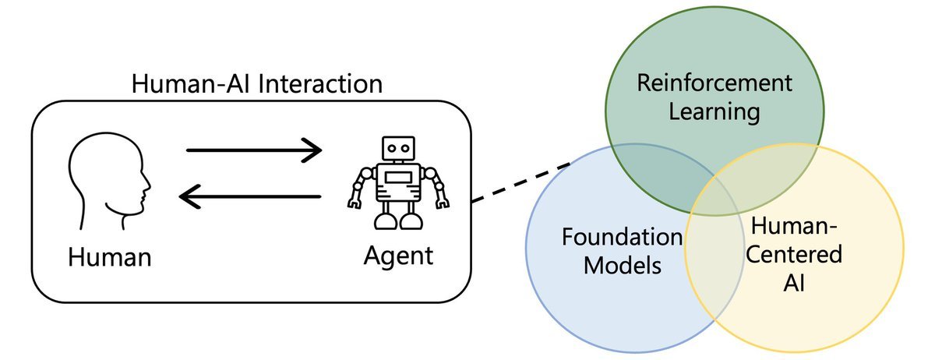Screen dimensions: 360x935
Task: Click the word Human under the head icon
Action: click(x=109, y=256)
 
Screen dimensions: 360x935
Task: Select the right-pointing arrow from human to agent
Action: click(x=254, y=149)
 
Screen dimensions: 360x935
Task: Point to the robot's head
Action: click(x=398, y=149)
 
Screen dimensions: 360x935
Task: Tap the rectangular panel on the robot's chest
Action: click(x=398, y=178)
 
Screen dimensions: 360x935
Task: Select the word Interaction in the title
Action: click(x=319, y=84)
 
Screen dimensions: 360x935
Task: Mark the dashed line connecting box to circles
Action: click(x=520, y=184)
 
